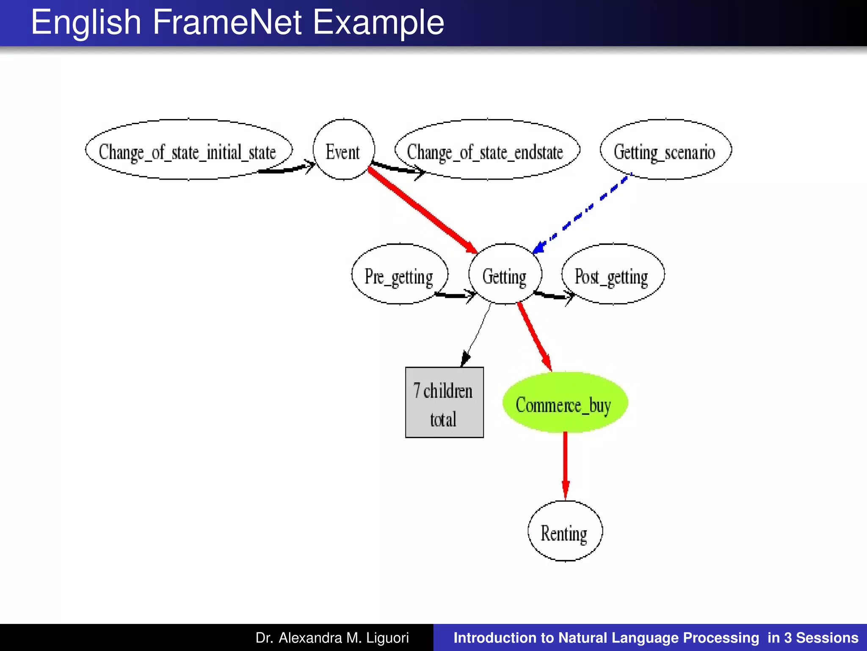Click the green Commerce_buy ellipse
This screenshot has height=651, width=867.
565,403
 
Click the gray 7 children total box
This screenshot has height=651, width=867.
444,402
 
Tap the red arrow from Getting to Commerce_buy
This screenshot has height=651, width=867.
534,335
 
